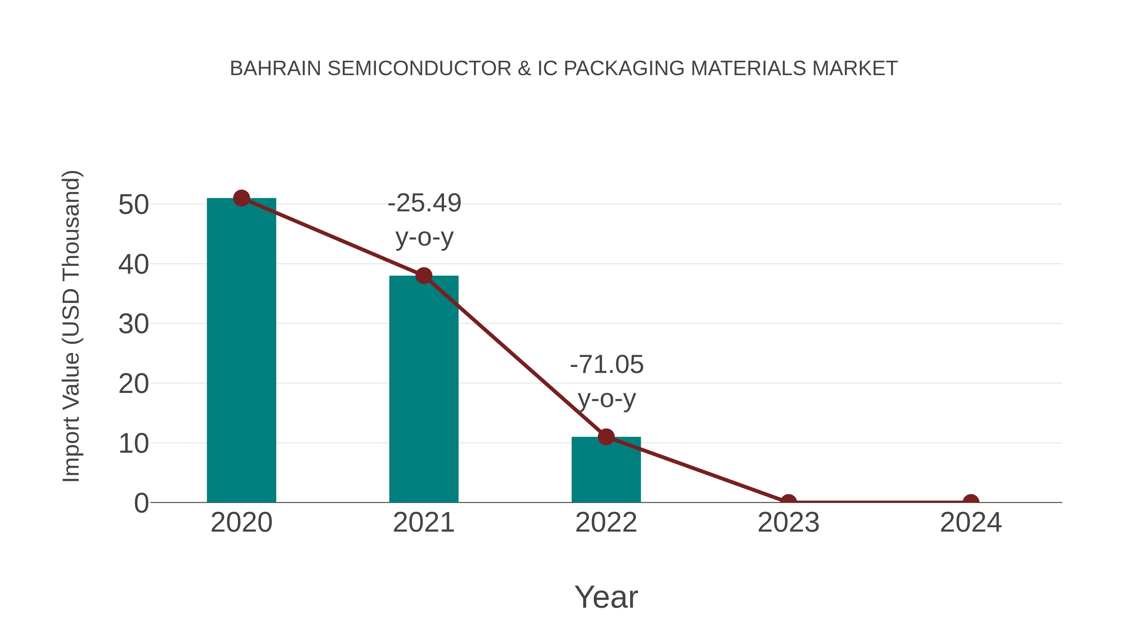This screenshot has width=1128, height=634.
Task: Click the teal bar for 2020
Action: coord(241,350)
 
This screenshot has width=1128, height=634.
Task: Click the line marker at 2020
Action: coord(241,198)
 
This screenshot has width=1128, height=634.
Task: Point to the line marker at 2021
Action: coord(423,276)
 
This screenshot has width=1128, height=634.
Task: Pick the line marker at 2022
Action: coord(606,437)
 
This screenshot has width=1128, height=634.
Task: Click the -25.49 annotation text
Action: coord(424,204)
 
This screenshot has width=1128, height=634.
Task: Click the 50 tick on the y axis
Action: coord(133,205)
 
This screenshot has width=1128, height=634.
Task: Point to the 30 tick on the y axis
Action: coord(133,324)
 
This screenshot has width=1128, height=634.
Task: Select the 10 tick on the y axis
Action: coord(133,444)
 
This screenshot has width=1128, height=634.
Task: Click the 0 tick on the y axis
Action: coord(141,503)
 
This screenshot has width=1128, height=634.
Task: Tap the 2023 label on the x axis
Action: coord(788,523)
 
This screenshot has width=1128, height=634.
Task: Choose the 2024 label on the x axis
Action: coord(971,523)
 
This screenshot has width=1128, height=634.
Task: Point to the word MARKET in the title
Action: coord(855,69)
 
